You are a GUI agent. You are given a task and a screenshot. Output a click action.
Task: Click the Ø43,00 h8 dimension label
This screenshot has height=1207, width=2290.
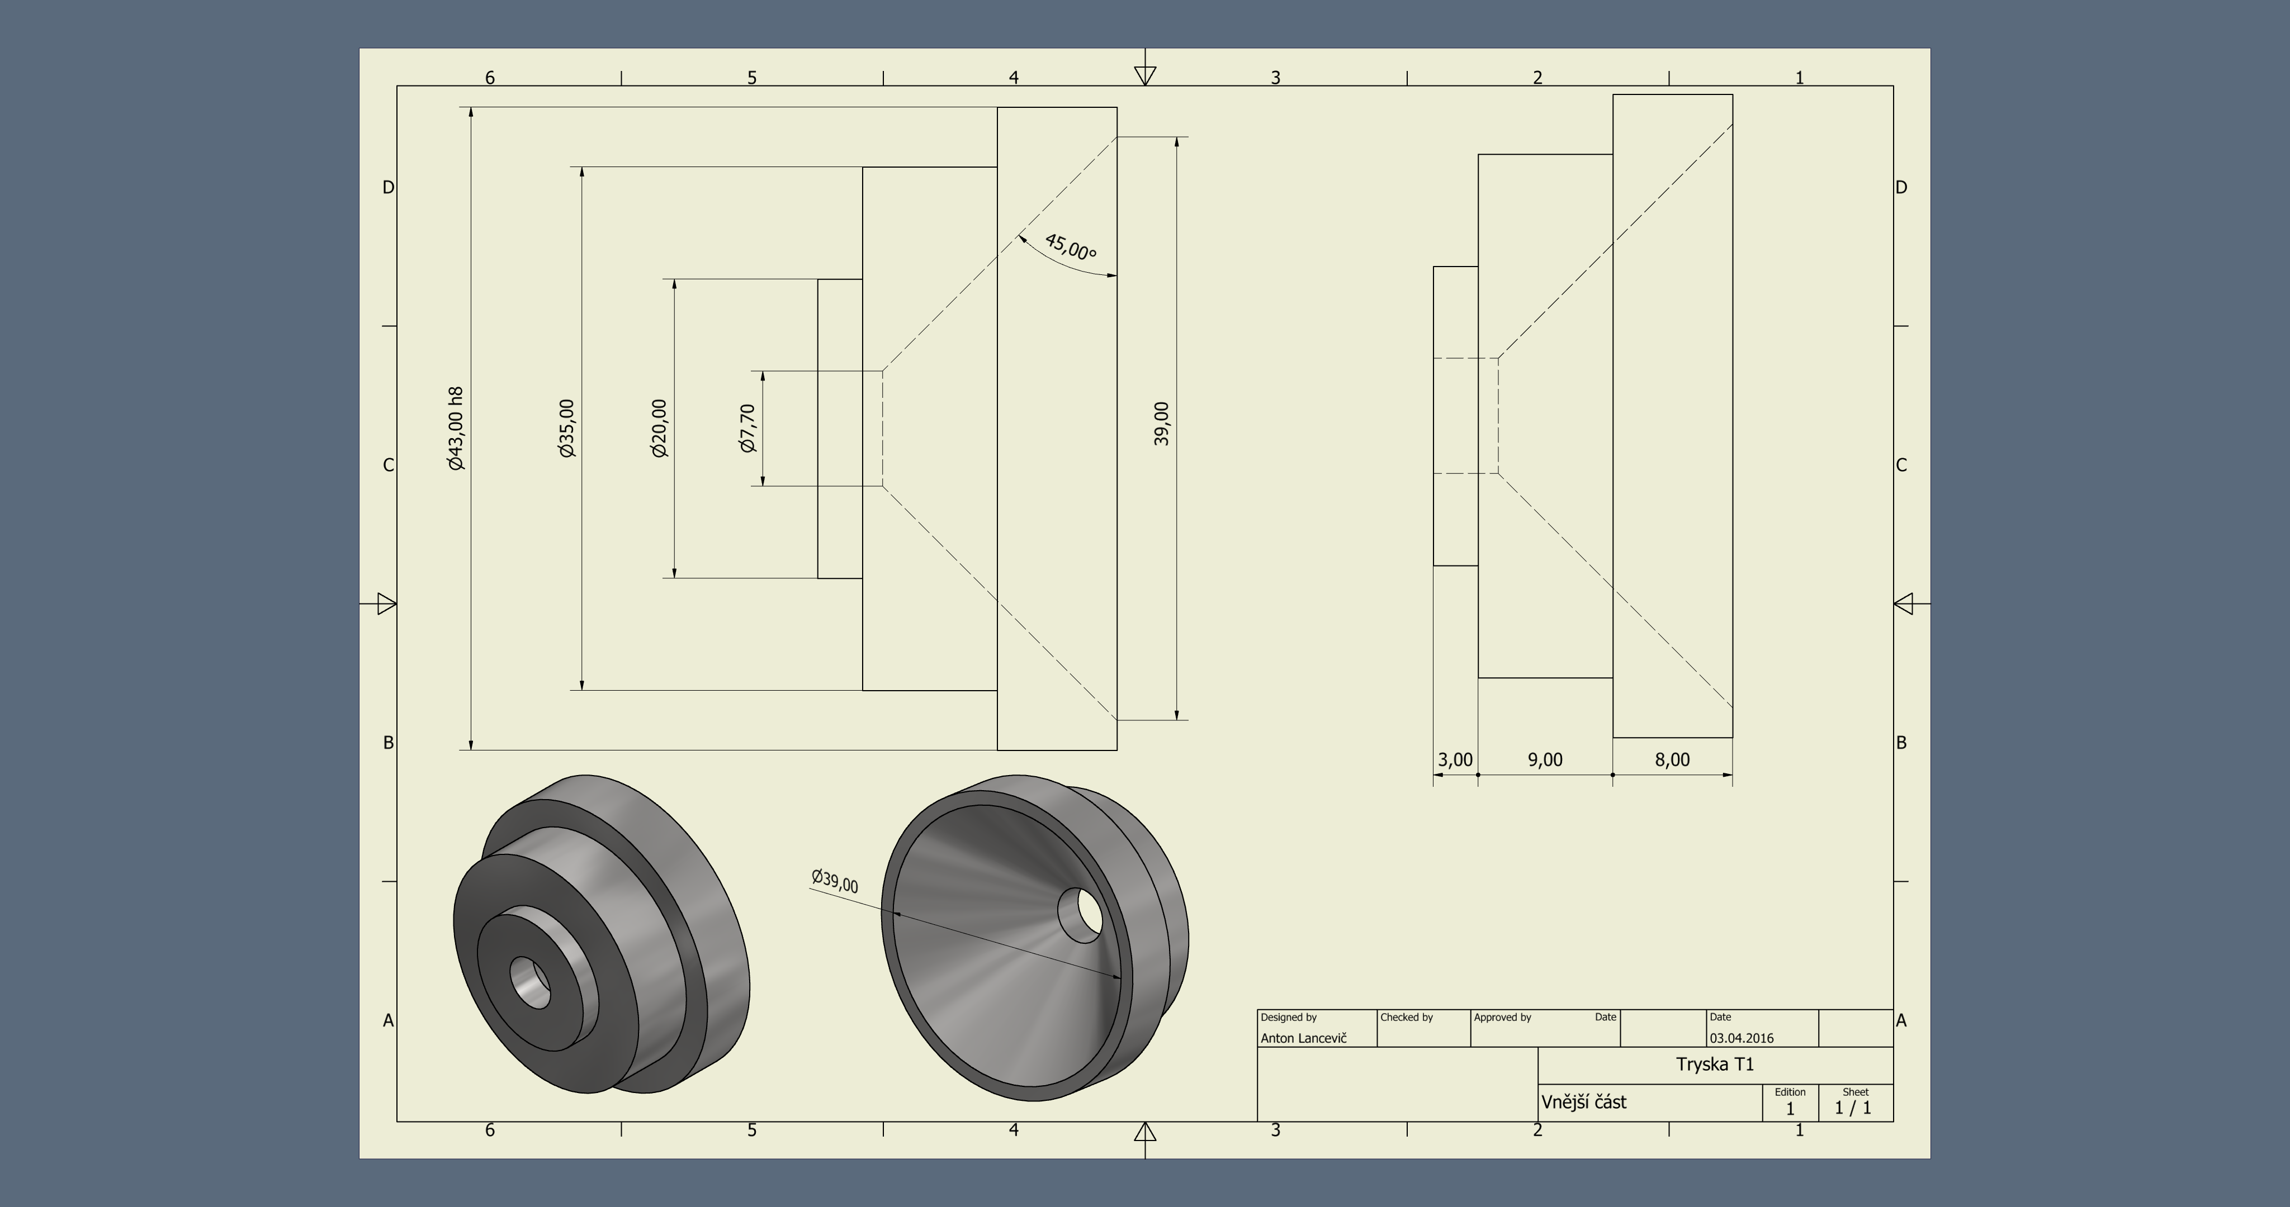455,429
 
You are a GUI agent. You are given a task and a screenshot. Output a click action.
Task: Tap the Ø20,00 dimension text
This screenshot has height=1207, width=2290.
659,429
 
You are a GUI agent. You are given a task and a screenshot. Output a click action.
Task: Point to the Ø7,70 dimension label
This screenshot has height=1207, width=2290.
747,429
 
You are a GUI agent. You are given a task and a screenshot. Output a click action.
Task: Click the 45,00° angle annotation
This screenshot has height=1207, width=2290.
1070,246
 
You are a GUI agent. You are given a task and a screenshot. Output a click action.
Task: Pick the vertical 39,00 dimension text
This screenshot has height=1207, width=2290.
1161,424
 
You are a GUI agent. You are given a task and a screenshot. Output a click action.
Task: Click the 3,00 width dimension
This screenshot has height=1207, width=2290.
1455,760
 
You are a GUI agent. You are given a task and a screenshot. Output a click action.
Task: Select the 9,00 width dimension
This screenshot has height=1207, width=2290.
1545,760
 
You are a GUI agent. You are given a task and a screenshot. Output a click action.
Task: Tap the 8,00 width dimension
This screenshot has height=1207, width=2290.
1672,760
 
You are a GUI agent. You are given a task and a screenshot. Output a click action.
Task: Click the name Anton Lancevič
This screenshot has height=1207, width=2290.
1303,1038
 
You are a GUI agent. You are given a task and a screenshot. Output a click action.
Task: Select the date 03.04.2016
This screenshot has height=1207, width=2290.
1742,1038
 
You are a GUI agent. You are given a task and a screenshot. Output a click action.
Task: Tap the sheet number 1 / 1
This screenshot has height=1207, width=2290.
1853,1108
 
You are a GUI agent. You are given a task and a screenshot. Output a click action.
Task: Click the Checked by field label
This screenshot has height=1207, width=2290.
1406,1018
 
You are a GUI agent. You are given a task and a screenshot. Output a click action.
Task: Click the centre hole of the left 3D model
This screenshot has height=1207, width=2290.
531,983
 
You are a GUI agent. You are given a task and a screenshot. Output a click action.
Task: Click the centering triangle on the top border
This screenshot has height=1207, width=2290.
1145,75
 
